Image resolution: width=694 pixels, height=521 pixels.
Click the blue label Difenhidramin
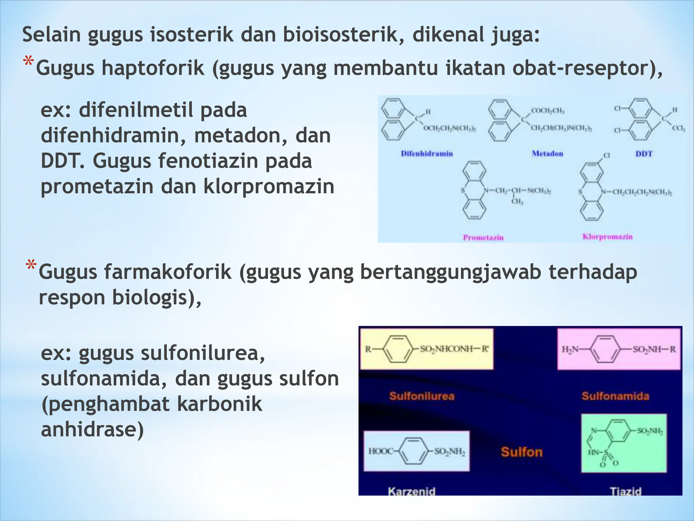[x=427, y=154]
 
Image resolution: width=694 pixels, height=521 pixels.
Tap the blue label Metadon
[x=547, y=154]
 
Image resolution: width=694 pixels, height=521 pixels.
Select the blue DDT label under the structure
[x=644, y=154]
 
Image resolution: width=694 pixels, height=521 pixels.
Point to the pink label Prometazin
[x=483, y=237]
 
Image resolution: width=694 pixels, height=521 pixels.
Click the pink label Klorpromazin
[x=607, y=236]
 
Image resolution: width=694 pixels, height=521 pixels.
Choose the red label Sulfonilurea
[x=422, y=396]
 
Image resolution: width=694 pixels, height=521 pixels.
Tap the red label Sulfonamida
[x=615, y=396]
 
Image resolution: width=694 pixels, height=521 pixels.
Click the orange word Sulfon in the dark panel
[x=522, y=452]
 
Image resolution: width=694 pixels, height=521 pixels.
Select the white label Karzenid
[x=411, y=491]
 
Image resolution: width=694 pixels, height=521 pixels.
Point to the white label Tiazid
[x=626, y=491]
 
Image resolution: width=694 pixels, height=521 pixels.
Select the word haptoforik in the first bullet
[x=153, y=68]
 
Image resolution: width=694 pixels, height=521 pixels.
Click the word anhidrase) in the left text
[x=92, y=429]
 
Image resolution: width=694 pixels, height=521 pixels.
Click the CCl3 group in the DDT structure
[x=678, y=129]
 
